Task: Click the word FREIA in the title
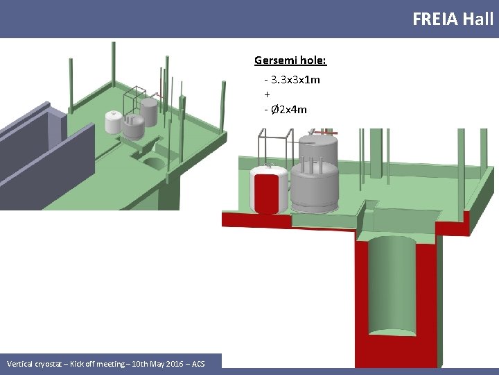[435, 19]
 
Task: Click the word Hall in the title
[478, 19]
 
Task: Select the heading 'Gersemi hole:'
[290, 60]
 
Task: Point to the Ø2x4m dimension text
[288, 110]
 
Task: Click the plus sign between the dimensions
[268, 94]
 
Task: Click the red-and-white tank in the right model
[270, 190]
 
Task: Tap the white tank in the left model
[113, 122]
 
